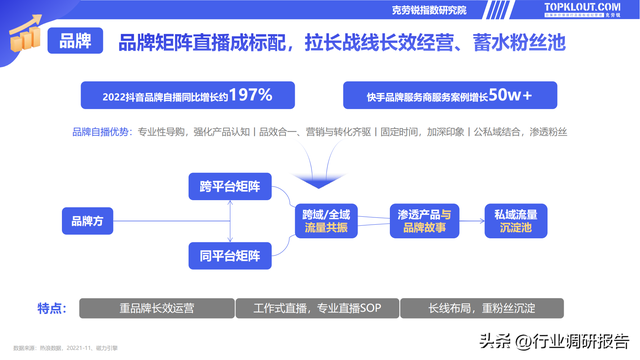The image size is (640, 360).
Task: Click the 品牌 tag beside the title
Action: point(76,42)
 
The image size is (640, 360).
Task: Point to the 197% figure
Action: point(250,95)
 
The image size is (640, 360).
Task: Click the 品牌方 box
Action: point(82,222)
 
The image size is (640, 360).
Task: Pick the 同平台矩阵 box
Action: point(230,258)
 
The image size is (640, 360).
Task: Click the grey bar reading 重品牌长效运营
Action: point(156,308)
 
